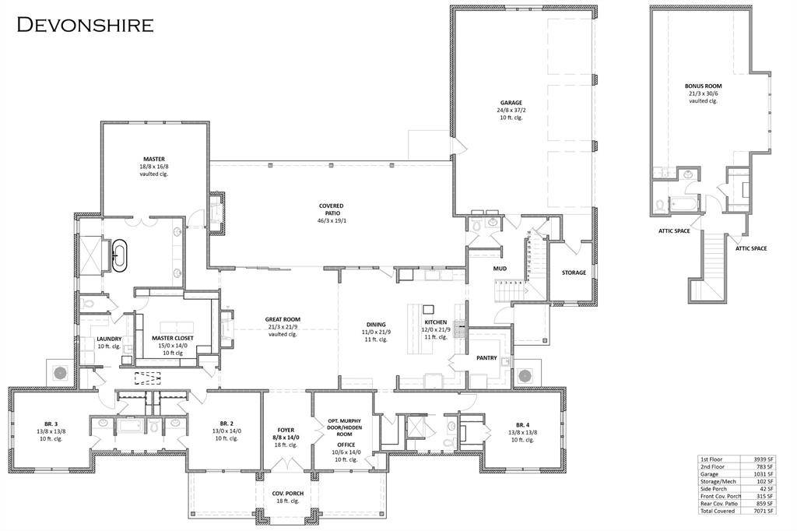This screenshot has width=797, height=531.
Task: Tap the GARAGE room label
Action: pyautogui.click(x=511, y=102)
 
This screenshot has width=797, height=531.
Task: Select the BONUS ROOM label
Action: pyautogui.click(x=703, y=86)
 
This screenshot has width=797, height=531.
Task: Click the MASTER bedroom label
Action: pyautogui.click(x=153, y=159)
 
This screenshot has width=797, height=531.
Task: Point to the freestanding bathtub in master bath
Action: pyautogui.click(x=119, y=255)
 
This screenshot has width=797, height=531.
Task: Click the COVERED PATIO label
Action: pyautogui.click(x=331, y=206)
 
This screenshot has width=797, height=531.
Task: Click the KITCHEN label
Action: pyautogui.click(x=435, y=322)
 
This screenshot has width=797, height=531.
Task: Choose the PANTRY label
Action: pyautogui.click(x=486, y=357)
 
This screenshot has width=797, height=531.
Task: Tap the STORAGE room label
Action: pyautogui.click(x=574, y=273)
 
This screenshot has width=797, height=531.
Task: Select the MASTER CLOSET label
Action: pyautogui.click(x=173, y=338)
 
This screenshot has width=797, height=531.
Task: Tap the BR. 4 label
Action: pyautogui.click(x=521, y=424)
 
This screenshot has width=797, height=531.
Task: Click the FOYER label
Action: pyautogui.click(x=286, y=430)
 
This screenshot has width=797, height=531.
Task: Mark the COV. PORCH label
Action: pyautogui.click(x=287, y=494)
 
